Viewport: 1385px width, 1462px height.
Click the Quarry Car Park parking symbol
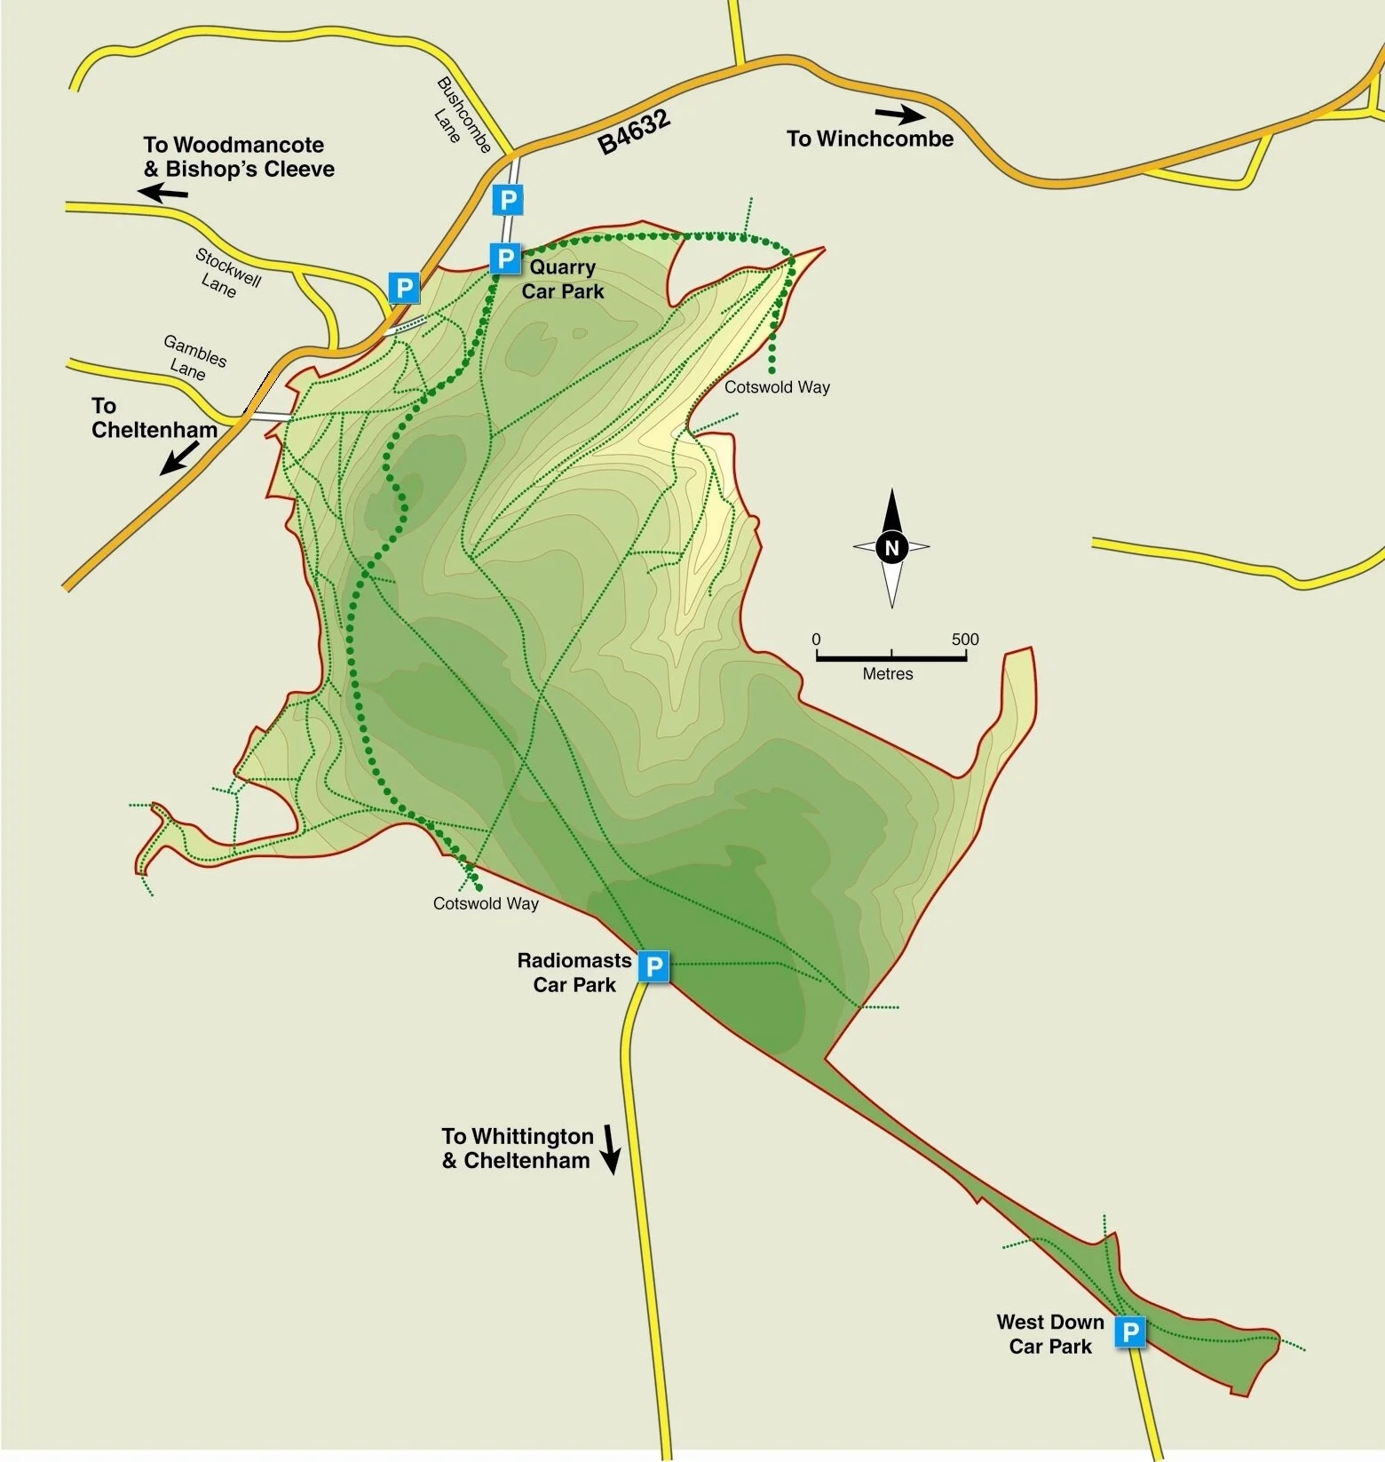coord(504,258)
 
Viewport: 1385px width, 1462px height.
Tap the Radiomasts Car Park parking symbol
coord(654,965)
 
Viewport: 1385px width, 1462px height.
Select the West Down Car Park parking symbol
coord(1130,1332)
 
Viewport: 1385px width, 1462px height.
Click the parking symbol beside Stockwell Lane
coord(404,288)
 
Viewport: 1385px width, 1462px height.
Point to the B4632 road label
coord(634,132)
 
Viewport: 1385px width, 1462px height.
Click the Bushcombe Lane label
coord(463,116)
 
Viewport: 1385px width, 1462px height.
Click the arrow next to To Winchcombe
coord(900,115)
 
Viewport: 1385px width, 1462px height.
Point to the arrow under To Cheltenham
coord(180,457)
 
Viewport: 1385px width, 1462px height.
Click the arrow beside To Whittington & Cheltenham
coord(610,1149)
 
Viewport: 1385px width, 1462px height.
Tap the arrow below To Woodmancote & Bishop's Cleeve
coord(165,192)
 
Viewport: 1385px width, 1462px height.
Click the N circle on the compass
coord(891,548)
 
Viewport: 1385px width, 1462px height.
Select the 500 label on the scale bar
coord(965,640)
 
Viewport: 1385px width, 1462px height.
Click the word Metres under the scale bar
coord(888,674)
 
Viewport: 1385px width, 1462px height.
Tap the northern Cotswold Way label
coord(777,387)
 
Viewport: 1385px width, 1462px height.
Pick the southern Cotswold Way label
coord(486,903)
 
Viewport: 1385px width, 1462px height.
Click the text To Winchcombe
coord(870,139)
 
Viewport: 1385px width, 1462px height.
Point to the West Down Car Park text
coord(1050,1334)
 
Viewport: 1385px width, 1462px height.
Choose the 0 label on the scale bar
coord(816,640)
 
